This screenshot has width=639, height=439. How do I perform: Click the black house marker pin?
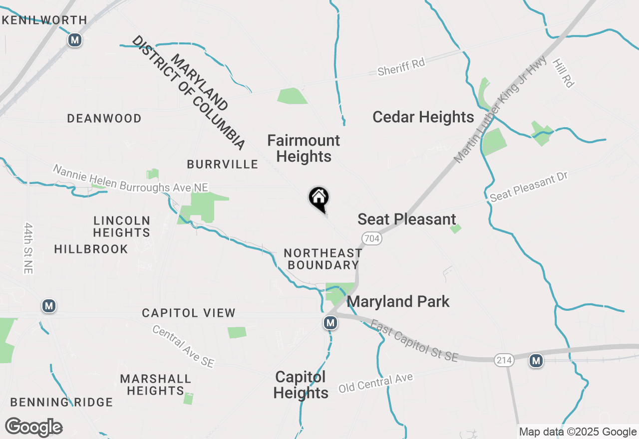pyautogui.click(x=319, y=199)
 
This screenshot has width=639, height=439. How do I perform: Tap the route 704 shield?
pyautogui.click(x=372, y=239)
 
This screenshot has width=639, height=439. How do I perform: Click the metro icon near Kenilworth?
pyautogui.click(x=75, y=40)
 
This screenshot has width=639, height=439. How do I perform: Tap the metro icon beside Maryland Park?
pyautogui.click(x=330, y=323)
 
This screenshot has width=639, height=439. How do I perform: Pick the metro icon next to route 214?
pyautogui.click(x=536, y=360)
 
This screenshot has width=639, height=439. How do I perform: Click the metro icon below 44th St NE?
pyautogui.click(x=48, y=306)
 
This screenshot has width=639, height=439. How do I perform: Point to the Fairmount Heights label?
pyautogui.click(x=304, y=148)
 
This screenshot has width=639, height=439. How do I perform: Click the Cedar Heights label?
pyautogui.click(x=423, y=117)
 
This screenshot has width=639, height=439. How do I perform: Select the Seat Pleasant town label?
pyautogui.click(x=407, y=219)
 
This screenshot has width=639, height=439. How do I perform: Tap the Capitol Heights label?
pyautogui.click(x=301, y=385)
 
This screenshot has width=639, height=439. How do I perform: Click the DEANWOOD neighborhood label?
pyautogui.click(x=104, y=119)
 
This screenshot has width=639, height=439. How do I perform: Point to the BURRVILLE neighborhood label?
pyautogui.click(x=222, y=164)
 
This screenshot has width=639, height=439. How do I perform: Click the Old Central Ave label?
pyautogui.click(x=376, y=383)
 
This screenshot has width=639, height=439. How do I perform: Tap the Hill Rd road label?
pyautogui.click(x=563, y=73)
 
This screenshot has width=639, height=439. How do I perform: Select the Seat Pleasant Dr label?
pyautogui.click(x=529, y=188)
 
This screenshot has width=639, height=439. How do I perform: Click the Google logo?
pyautogui.click(x=34, y=428)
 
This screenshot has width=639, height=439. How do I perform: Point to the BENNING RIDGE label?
pyautogui.click(x=61, y=402)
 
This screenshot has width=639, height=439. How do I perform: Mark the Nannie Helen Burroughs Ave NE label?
pyautogui.click(x=130, y=179)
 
